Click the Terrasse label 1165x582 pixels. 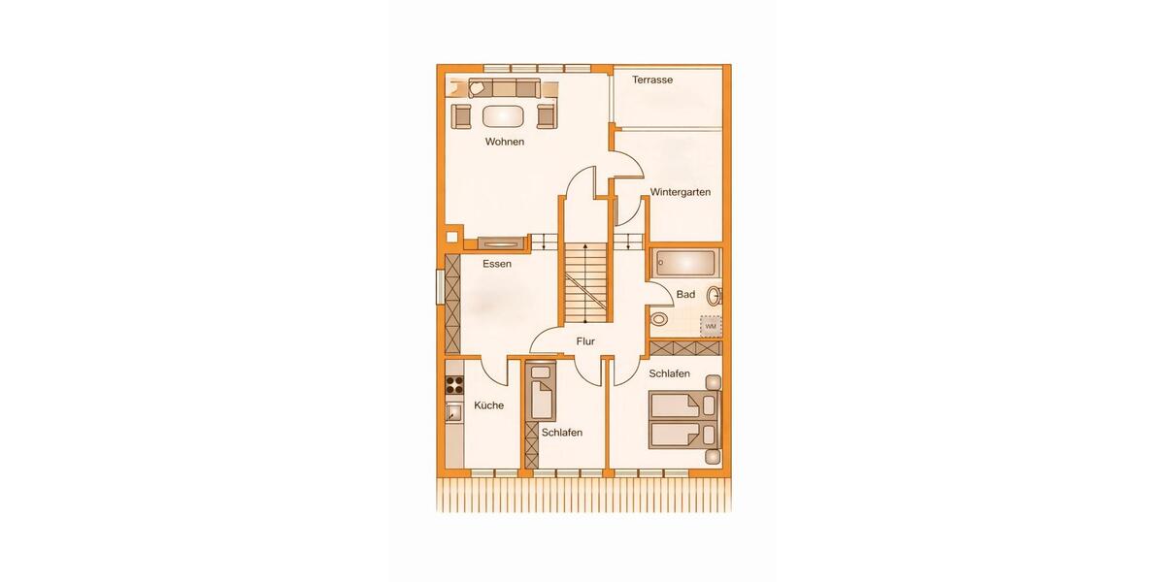click(652, 81)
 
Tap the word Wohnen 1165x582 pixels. click(505, 142)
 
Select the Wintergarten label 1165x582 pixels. click(681, 192)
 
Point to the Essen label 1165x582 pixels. click(497, 264)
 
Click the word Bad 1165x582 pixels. click(685, 293)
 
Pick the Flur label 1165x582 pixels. click(584, 341)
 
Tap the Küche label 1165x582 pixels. click(488, 405)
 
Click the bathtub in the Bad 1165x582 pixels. click(685, 263)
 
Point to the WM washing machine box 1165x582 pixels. click(711, 326)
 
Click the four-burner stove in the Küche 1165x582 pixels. click(452, 383)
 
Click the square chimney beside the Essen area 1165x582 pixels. click(451, 236)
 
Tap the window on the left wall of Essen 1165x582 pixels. click(440, 288)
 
